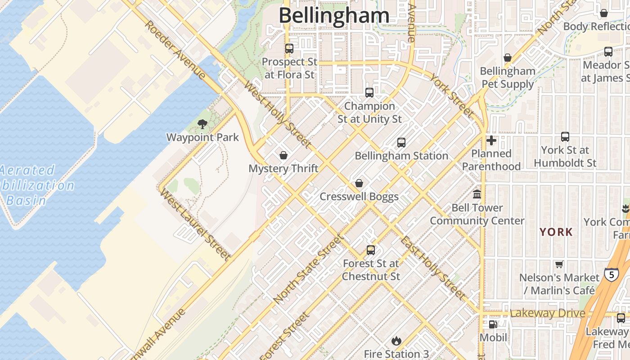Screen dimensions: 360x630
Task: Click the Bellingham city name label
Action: (334, 15)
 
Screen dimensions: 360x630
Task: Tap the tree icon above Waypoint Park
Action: (202, 124)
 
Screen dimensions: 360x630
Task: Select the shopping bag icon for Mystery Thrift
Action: (283, 155)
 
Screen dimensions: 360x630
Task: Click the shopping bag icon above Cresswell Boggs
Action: (359, 183)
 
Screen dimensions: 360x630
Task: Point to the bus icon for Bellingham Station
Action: (401, 143)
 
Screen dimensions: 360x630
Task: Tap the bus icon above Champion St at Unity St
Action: (369, 93)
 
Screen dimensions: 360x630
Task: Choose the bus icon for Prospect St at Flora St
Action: (289, 48)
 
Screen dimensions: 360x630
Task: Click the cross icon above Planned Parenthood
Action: (491, 140)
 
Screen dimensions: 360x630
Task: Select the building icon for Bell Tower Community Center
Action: (477, 194)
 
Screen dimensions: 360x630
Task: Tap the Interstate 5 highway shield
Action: (611, 274)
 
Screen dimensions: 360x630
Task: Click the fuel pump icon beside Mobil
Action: (493, 324)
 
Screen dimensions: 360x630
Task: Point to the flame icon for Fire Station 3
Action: (396, 341)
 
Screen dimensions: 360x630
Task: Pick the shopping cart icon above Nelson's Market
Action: (559, 264)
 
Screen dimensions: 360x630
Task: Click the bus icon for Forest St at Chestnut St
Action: (371, 250)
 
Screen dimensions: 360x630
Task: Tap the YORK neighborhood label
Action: (556, 232)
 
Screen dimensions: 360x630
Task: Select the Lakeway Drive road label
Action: (548, 313)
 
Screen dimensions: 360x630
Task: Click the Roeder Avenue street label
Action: (175, 49)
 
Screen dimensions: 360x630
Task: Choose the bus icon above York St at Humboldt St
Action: (565, 136)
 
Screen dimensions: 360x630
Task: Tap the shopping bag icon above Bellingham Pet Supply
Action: (508, 58)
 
